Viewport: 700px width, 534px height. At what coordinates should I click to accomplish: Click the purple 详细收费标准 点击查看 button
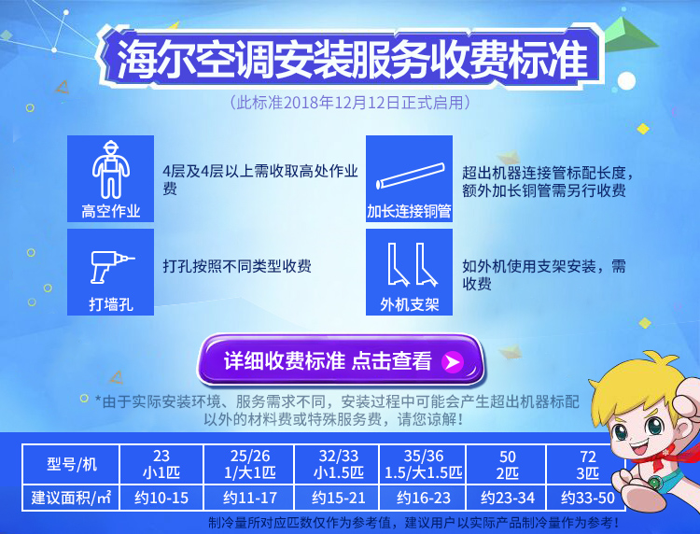click(341, 360)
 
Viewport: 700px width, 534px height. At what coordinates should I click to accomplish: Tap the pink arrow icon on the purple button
click(453, 361)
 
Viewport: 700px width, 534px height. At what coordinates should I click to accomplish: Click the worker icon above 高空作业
click(111, 169)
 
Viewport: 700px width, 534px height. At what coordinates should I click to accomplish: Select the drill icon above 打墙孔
click(112, 267)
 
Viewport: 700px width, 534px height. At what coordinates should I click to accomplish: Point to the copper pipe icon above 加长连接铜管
click(410, 176)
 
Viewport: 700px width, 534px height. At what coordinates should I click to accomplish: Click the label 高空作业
click(111, 211)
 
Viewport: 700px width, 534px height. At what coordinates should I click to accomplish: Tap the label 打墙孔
click(111, 304)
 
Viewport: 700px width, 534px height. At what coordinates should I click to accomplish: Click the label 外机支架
click(410, 304)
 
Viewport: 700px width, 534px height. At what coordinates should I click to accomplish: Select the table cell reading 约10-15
click(161, 498)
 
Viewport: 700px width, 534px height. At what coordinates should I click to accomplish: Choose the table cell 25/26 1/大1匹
click(249, 464)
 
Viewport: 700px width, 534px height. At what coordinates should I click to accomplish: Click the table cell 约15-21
click(338, 498)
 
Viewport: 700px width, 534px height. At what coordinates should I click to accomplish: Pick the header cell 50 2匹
click(507, 464)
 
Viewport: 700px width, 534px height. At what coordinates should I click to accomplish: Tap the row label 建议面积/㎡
click(71, 498)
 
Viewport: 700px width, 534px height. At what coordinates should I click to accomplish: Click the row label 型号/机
click(71, 464)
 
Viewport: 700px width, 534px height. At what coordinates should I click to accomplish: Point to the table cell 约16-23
click(423, 498)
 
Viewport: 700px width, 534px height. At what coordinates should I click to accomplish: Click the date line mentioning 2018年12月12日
click(350, 103)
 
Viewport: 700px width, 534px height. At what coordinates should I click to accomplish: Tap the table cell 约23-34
click(507, 498)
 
